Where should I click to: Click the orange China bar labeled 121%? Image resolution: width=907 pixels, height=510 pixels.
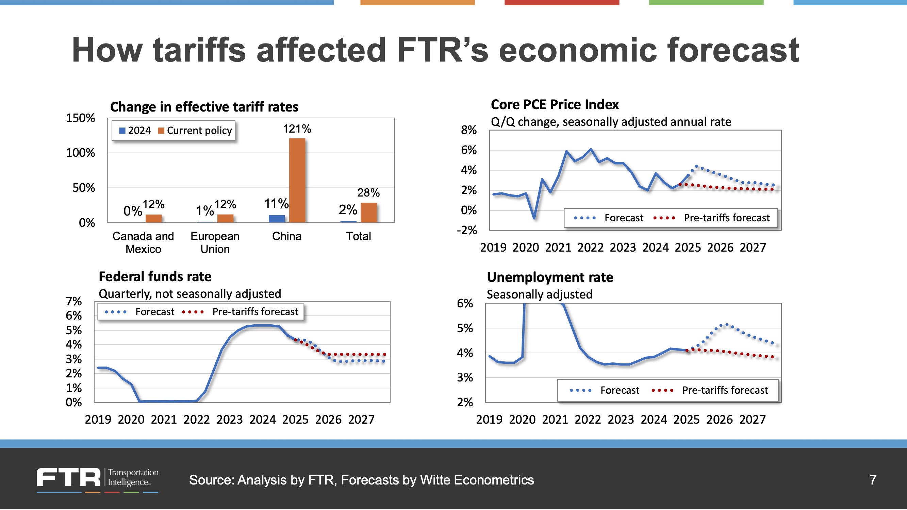297,180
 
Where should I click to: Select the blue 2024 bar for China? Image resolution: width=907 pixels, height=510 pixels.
276,219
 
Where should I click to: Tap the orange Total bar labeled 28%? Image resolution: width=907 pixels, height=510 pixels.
369,213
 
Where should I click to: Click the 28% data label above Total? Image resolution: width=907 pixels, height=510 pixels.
368,192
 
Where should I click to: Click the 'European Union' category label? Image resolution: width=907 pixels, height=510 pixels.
215,242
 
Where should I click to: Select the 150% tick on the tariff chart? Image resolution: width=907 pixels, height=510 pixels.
80,118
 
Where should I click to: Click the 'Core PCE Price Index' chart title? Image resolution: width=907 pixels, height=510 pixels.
555,104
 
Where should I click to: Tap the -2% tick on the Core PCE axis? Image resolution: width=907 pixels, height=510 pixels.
466,230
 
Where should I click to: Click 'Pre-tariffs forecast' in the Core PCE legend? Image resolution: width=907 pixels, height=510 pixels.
726,218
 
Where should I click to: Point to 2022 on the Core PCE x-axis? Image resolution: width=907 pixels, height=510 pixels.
591,248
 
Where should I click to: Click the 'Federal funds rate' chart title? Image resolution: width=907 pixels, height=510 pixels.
155,277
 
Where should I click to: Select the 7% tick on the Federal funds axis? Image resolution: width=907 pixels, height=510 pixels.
73,301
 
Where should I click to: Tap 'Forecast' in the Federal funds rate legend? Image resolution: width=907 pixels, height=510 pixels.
154,312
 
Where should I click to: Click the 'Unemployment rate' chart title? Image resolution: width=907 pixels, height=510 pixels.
550,277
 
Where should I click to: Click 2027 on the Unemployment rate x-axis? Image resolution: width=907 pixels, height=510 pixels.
753,420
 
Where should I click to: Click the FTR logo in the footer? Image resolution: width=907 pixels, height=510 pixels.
69,478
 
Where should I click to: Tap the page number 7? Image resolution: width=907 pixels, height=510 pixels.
873,480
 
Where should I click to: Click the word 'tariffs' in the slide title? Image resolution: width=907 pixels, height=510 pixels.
199,50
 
